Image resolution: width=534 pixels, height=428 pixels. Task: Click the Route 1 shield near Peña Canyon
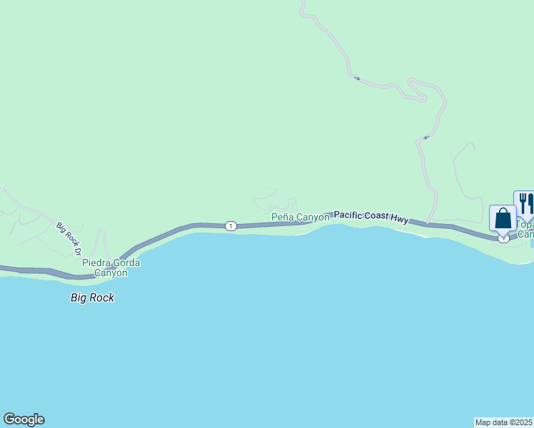(231, 226)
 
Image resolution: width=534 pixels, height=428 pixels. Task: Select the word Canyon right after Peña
(313, 217)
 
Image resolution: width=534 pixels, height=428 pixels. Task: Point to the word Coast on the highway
(379, 218)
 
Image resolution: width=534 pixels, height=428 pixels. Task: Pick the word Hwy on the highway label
(401, 221)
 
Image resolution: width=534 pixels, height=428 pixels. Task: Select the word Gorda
(126, 263)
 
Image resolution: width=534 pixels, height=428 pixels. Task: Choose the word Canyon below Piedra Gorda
(111, 272)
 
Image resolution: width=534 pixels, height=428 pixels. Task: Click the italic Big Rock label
(92, 297)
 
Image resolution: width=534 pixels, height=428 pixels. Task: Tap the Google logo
(24, 419)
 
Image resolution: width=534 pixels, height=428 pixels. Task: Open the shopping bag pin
(503, 218)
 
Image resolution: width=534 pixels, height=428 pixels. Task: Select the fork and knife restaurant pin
(525, 203)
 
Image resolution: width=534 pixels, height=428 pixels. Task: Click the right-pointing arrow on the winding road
(357, 78)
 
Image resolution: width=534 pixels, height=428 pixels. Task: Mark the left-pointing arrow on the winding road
(425, 137)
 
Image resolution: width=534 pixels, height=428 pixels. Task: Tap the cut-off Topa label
(525, 223)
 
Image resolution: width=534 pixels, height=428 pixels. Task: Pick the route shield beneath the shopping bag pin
(504, 239)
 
